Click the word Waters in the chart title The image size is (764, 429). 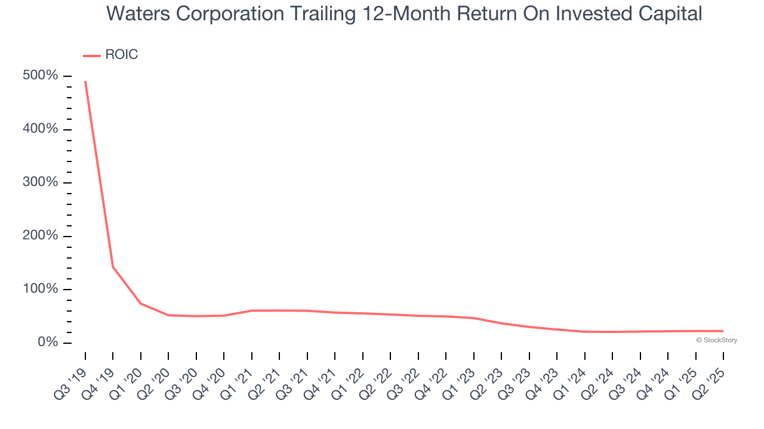(x=138, y=14)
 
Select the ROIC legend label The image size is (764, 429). (x=122, y=54)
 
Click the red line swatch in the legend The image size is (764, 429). (x=92, y=56)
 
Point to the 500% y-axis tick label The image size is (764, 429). (x=40, y=75)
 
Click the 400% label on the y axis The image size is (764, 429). (x=40, y=129)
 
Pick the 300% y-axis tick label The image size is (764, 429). (x=40, y=182)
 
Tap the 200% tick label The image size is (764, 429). (x=40, y=235)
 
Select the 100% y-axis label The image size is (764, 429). (x=40, y=289)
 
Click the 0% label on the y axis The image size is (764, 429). (x=48, y=342)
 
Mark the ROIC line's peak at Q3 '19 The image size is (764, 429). (x=85, y=82)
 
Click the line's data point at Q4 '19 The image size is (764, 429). (x=113, y=267)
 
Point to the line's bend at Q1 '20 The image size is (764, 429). (x=141, y=303)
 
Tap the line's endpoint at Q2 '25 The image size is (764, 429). (x=723, y=331)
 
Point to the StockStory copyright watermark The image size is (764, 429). (x=717, y=340)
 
